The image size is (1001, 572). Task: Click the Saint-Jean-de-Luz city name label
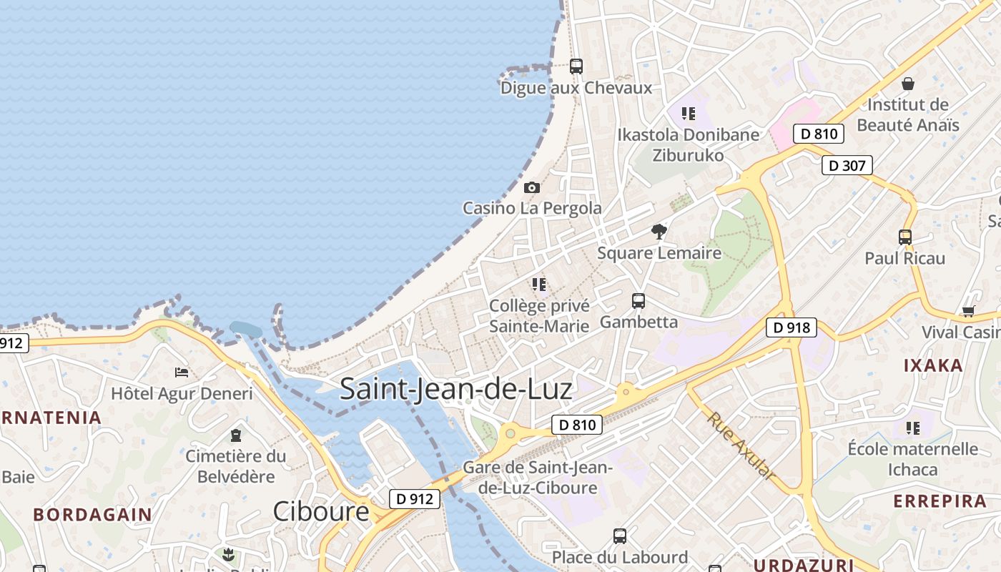455,389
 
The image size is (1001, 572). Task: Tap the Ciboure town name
321,511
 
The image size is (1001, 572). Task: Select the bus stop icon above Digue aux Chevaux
576,66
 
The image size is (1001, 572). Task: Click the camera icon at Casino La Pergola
532,187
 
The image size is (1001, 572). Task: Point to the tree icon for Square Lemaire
659,232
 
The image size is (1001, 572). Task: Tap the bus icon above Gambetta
638,301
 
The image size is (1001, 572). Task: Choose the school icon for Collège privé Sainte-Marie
539,285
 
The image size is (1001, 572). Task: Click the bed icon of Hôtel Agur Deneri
182,373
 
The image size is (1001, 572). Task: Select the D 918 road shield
792,327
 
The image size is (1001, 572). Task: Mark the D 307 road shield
847,166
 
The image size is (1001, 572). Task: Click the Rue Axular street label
741,445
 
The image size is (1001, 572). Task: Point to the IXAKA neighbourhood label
933,365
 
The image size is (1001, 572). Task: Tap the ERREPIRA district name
940,500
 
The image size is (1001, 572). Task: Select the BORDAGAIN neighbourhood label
92,514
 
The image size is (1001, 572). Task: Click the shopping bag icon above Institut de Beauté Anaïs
908,84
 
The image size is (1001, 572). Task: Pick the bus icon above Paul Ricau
905,237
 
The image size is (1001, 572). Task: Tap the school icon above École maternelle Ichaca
913,428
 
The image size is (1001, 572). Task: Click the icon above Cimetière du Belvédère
235,435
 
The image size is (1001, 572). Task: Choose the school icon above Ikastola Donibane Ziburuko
689,114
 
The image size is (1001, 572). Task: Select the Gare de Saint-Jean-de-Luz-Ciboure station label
538,478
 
